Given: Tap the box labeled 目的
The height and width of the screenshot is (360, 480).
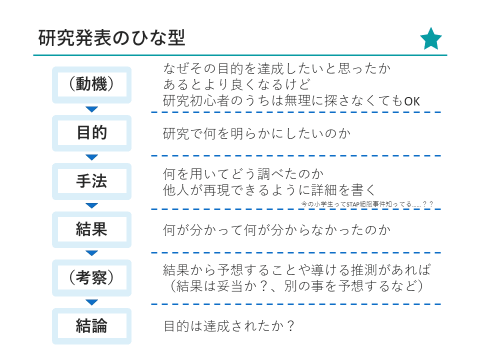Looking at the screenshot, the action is click(x=91, y=133).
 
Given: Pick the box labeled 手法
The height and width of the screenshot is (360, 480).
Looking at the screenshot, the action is click(x=91, y=181).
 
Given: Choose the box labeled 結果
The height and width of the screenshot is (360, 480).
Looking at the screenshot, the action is click(x=91, y=229).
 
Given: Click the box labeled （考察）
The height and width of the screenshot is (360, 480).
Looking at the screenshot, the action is click(x=91, y=277).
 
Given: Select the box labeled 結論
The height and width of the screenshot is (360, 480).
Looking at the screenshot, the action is click(x=91, y=326).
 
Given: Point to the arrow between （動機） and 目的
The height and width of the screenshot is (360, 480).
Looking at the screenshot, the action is click(x=91, y=109).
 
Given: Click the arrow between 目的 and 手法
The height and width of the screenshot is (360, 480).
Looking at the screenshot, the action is click(x=91, y=157).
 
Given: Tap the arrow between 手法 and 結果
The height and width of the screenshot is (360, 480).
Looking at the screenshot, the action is click(x=91, y=205).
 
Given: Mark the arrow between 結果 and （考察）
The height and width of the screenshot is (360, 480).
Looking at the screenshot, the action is click(x=91, y=254).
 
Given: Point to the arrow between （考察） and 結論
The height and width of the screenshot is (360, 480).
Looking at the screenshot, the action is click(x=91, y=302).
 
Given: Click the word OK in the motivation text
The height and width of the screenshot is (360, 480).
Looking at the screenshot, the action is click(x=412, y=101).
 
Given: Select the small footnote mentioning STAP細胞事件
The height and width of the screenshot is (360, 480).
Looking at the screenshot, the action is click(x=367, y=204).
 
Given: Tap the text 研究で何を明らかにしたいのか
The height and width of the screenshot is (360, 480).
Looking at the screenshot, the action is click(x=257, y=134).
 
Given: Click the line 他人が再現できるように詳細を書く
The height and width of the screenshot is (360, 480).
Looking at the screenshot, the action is click(x=269, y=190).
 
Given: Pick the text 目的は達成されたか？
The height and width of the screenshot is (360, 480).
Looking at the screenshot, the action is click(x=228, y=326).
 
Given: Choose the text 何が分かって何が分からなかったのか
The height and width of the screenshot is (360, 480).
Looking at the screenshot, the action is click(x=276, y=230).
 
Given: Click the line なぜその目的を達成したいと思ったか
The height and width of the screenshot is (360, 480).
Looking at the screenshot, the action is click(x=276, y=68).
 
